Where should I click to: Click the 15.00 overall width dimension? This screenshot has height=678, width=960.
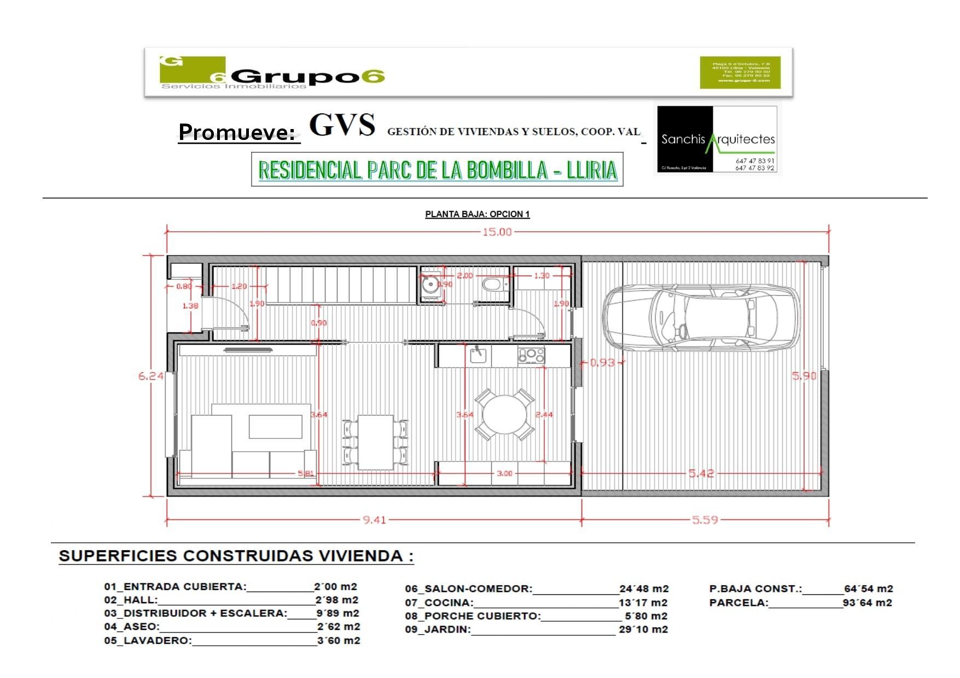point(497,232)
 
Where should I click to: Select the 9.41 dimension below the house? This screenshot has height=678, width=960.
point(374,519)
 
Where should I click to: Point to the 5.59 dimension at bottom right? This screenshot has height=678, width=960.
point(705,519)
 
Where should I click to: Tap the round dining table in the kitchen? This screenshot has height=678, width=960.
point(504,414)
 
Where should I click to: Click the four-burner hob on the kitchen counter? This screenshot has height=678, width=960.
point(531,355)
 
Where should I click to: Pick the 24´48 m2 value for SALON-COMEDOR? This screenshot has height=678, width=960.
point(644,589)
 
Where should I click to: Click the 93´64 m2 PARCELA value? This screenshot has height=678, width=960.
point(868,603)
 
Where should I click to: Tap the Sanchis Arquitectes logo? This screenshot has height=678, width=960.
point(717,139)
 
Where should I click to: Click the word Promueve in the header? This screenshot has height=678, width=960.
point(237,132)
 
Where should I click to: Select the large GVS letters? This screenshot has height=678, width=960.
point(342,125)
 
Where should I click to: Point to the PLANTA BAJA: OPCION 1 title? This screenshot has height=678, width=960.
point(477,214)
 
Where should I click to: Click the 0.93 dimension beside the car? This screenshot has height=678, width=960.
point(602,363)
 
